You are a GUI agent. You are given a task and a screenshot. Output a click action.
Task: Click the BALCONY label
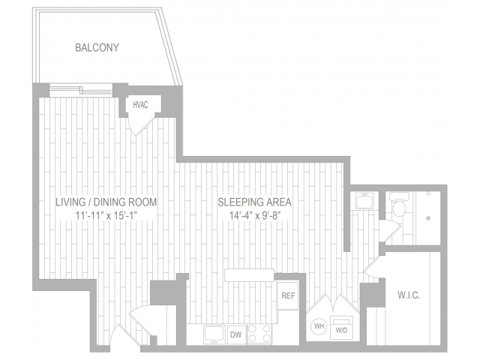(x=97, y=48)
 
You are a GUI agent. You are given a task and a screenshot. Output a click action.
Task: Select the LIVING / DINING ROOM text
(x=106, y=202)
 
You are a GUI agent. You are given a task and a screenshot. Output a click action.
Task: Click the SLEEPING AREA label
(x=254, y=202)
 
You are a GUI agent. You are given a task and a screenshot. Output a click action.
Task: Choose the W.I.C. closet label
(x=409, y=295)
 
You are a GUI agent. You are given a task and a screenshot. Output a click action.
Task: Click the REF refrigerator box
(x=288, y=295)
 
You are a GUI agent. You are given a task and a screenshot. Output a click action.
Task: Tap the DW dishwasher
(x=235, y=334)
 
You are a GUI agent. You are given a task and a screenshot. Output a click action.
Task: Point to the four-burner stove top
(x=259, y=334)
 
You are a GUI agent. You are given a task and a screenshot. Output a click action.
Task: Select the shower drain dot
(x=427, y=219)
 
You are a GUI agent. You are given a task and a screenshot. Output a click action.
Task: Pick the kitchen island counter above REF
(x=250, y=275)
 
